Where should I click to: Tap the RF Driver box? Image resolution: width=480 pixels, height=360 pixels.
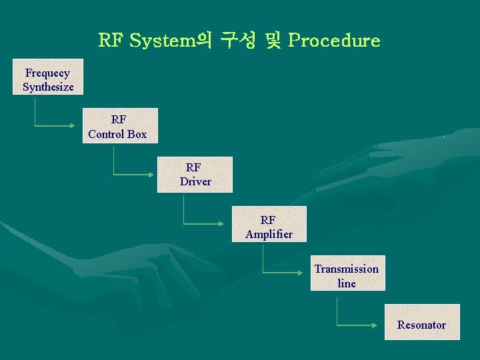(x=195, y=175)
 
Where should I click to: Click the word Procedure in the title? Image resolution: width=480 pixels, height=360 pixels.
(x=335, y=41)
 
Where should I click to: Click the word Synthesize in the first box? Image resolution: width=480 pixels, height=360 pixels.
(x=48, y=87)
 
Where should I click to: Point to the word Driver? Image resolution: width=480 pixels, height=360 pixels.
(x=195, y=181)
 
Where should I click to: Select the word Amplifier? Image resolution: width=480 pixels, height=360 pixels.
(x=269, y=234)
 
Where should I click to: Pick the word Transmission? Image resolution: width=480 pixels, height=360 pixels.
(x=347, y=269)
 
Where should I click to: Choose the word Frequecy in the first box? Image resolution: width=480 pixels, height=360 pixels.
(x=47, y=73)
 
